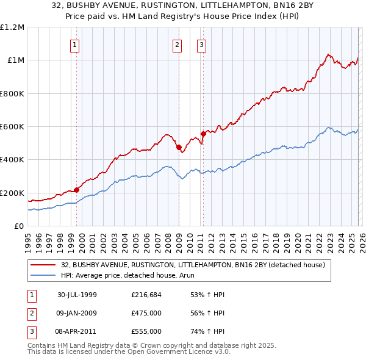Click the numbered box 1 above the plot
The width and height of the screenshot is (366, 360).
(x=74, y=44)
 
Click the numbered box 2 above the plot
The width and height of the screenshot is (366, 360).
(x=177, y=44)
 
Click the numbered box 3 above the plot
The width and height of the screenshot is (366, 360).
(x=201, y=44)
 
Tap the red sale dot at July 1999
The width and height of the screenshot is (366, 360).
(x=77, y=190)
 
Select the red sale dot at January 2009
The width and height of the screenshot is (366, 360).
(x=179, y=147)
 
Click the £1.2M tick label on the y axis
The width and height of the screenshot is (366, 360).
(x=12, y=27)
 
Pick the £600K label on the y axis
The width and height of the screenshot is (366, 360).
(x=12, y=127)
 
